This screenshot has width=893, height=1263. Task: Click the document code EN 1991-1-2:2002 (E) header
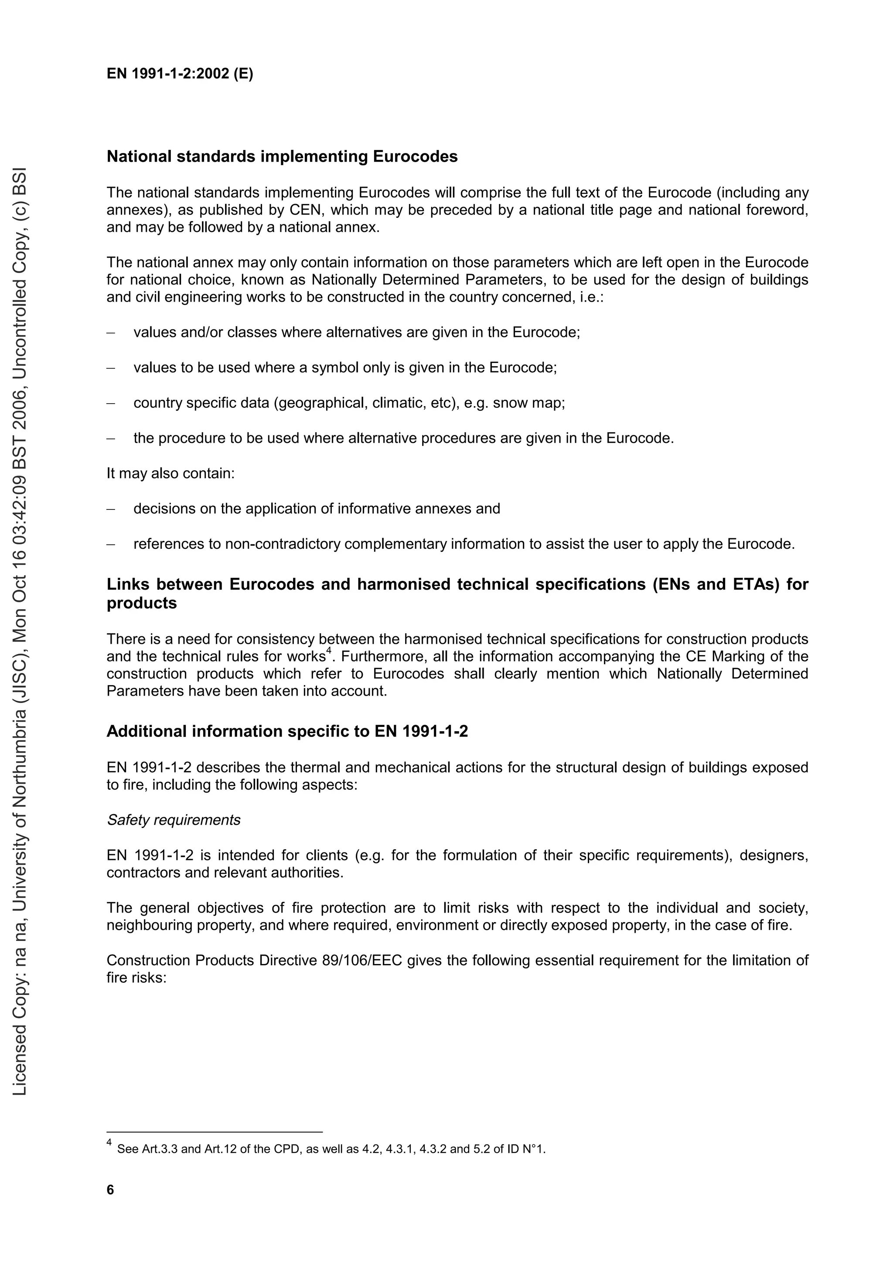180,74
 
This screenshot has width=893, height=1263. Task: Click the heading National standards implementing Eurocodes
282,157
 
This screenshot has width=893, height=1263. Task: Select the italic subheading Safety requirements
173,820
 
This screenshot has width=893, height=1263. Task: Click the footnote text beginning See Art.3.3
331,1149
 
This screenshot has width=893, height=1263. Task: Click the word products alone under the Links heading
141,604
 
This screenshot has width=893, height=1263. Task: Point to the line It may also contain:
170,474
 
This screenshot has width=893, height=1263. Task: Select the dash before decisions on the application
111,509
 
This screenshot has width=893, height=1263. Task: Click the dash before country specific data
111,404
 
